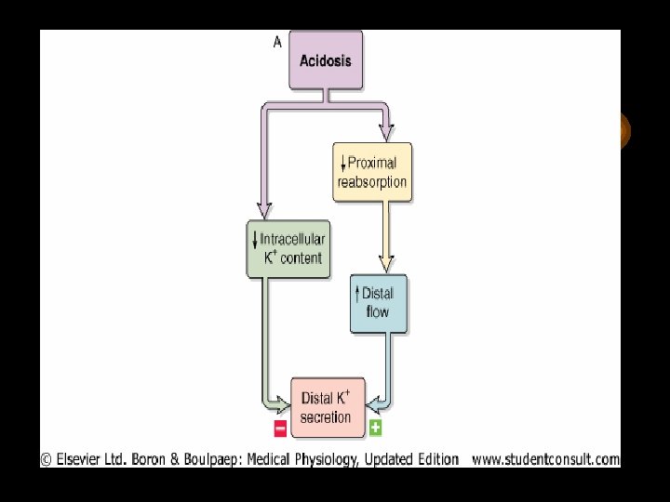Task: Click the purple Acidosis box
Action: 326,59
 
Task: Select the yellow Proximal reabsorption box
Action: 372,172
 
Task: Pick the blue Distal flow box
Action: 378,303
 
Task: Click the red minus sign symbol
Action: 280,428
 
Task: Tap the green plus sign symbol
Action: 375,428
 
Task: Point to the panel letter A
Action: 277,41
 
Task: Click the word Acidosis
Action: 326,60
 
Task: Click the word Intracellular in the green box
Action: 294,239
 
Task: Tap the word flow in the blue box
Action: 378,312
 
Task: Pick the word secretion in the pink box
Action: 327,417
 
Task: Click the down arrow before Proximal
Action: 343,163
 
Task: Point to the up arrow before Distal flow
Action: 358,294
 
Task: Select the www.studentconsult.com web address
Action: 545,458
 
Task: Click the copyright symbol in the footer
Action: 46,458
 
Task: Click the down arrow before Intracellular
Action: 255,239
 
